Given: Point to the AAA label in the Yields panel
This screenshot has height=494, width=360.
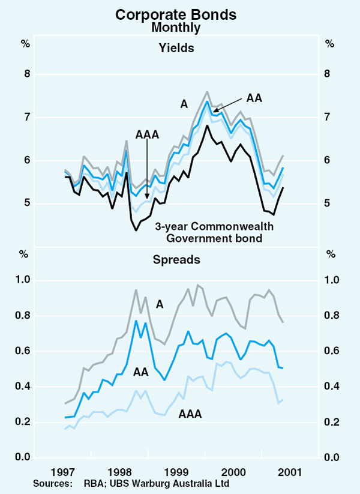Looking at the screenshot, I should [x=146, y=135].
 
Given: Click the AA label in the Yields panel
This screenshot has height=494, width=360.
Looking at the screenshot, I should [x=254, y=97].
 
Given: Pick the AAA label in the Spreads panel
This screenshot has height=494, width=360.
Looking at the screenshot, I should [x=190, y=414].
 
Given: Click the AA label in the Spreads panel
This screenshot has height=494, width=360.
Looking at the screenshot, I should [x=142, y=372].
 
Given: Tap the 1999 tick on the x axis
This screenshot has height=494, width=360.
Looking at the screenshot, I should [x=176, y=470].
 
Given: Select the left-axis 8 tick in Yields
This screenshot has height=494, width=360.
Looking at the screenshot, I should [x=26, y=74].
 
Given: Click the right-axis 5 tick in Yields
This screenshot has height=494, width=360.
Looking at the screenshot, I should [x=329, y=203].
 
